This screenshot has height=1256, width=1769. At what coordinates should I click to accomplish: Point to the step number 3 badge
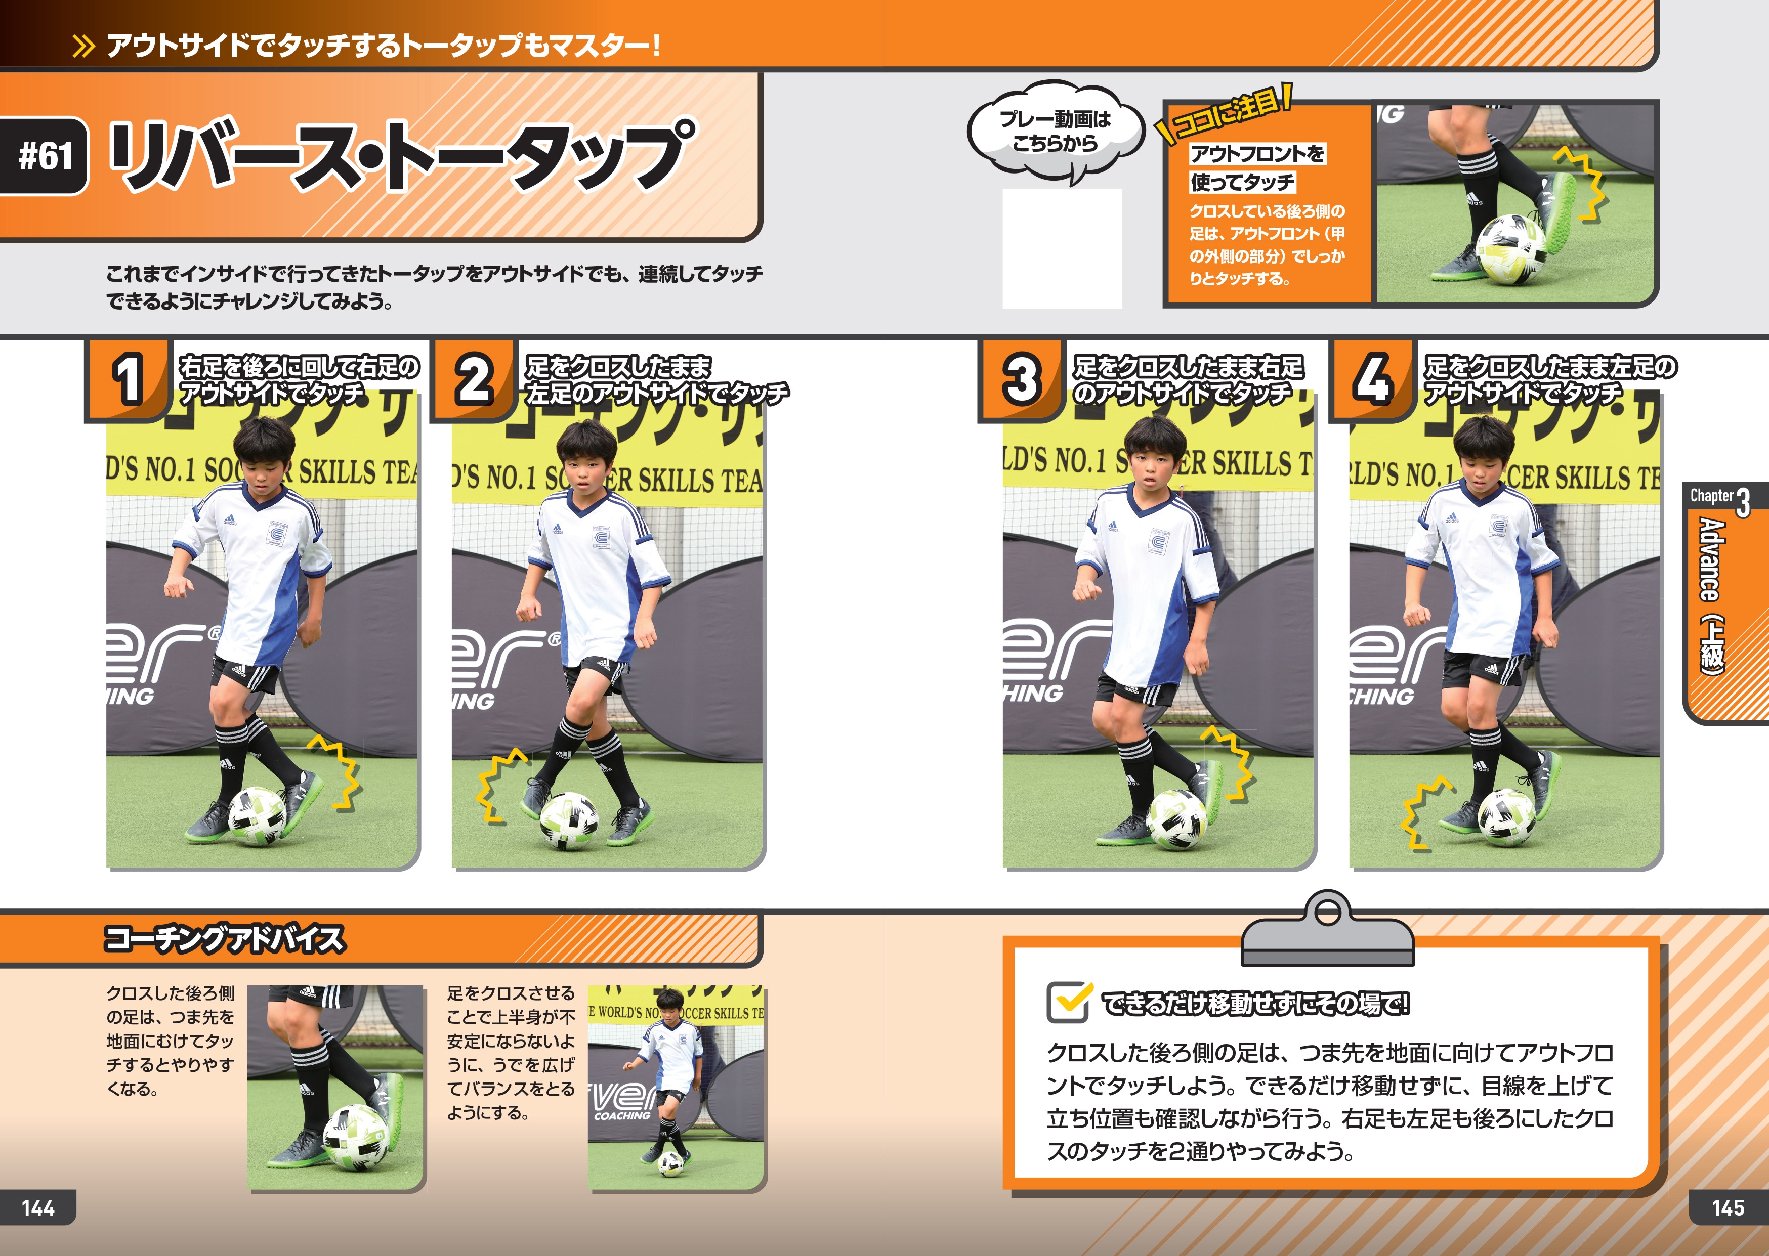click(x=1022, y=379)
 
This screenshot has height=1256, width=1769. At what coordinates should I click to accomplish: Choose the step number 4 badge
click(x=1372, y=379)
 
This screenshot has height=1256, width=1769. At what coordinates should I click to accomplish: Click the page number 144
click(x=38, y=1207)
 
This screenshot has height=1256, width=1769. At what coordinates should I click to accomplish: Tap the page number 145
click(x=1729, y=1207)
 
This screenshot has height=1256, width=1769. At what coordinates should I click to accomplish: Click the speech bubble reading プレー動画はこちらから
click(x=1055, y=132)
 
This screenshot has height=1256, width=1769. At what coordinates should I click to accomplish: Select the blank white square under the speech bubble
click(x=1062, y=248)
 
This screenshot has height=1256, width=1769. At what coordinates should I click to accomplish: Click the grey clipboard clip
click(x=1327, y=929)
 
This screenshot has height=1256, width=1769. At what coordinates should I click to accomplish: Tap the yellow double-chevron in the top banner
click(x=83, y=47)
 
